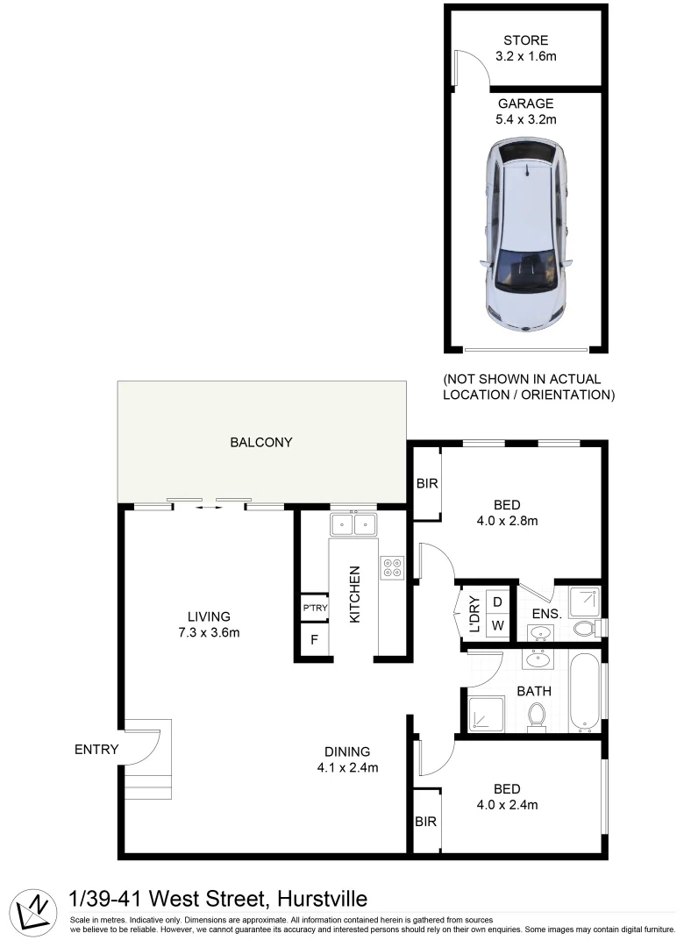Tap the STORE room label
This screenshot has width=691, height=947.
click(526, 40)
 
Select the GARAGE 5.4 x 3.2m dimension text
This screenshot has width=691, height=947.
click(526, 119)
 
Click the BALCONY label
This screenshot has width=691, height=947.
click(260, 442)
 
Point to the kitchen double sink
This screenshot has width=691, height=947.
click(353, 524)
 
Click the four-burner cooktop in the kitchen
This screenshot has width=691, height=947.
click(391, 567)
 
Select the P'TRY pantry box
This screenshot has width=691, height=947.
click(314, 608)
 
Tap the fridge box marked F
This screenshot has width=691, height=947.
click(314, 639)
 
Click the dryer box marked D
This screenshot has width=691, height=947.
click(496, 602)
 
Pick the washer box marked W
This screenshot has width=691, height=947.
click(496, 626)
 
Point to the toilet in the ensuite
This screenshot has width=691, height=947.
click(583, 628)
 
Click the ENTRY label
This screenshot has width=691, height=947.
click(96, 749)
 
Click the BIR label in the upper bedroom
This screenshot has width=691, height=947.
click(427, 483)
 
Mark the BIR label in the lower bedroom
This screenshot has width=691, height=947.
click(427, 822)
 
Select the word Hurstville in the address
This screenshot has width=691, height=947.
click(322, 899)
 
